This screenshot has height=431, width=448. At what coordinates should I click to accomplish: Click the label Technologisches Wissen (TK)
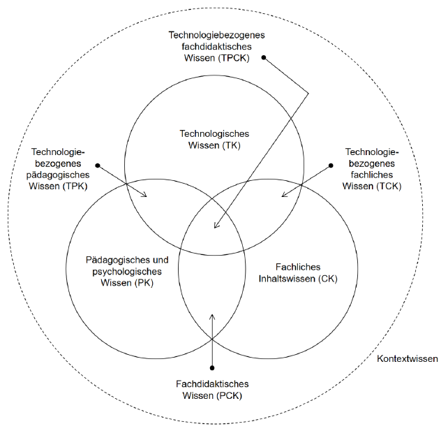coord(214,139)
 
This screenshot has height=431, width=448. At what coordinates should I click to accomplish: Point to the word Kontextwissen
coord(408,359)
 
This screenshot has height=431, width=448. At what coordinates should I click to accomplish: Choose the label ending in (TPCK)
coord(214,45)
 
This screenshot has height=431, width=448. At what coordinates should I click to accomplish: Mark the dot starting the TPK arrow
coord(98,166)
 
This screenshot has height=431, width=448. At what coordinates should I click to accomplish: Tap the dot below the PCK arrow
coord(213,367)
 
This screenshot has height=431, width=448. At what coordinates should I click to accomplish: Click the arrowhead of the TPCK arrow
coord(216,228)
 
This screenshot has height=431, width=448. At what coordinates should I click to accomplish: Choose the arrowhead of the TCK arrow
coord(281,196)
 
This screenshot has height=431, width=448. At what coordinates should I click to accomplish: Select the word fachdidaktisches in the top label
coord(214,45)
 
